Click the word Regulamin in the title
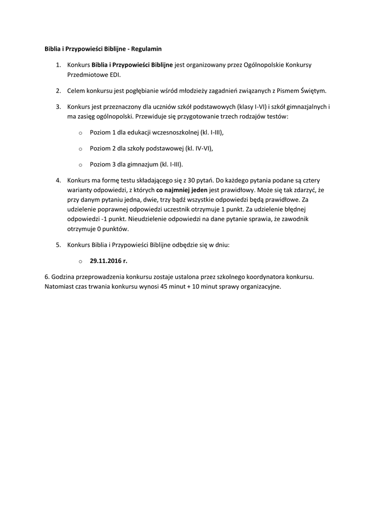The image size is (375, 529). [x=147, y=49]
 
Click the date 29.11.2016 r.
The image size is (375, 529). [x=108, y=261]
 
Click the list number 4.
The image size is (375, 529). [x=58, y=180]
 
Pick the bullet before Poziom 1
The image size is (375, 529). [x=80, y=133]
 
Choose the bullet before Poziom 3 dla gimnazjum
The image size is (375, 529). [x=80, y=165]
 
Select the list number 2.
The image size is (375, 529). [x=58, y=91]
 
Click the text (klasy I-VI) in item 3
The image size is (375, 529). [x=251, y=107]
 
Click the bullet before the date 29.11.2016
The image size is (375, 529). [x=80, y=262]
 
